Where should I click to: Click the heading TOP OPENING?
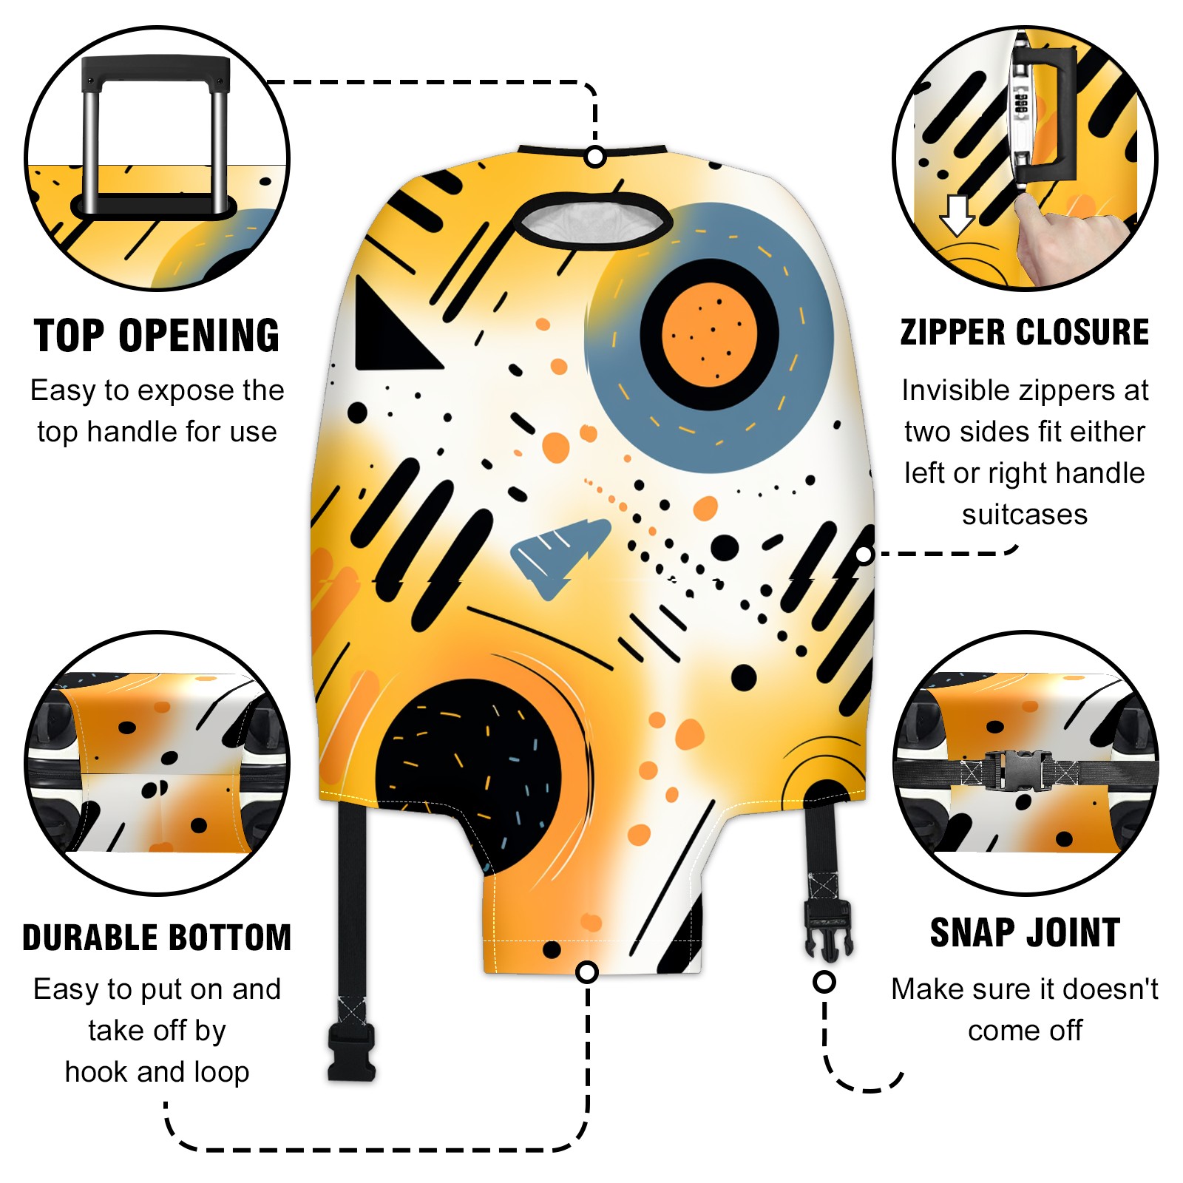tap(157, 336)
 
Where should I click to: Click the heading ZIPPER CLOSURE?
tap(1025, 332)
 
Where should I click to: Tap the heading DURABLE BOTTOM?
tap(157, 937)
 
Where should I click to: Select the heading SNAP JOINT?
tap(1025, 932)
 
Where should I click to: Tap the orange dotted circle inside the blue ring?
tap(709, 335)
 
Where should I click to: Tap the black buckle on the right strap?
tap(828, 929)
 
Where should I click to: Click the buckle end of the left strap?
tap(352, 1051)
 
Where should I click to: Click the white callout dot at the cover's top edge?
tap(595, 157)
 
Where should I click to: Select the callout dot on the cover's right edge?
tap(864, 554)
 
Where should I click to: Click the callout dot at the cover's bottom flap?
tap(587, 972)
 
